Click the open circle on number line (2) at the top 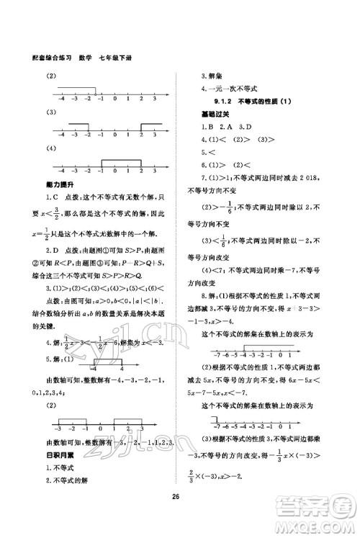pos(96,87)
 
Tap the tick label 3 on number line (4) pos(155,173)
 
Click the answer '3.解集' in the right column pos(213,76)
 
